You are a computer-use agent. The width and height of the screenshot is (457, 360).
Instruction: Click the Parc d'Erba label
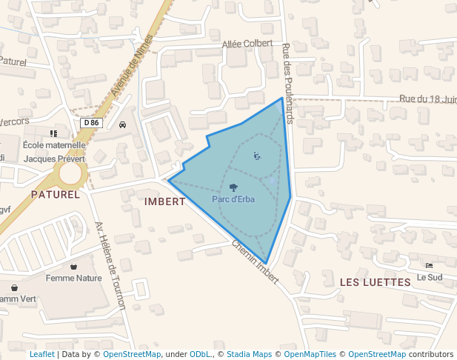pos(233,199)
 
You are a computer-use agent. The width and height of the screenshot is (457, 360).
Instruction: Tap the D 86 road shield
pos(91,122)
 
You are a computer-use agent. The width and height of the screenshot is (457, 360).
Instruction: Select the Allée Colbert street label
pos(247,44)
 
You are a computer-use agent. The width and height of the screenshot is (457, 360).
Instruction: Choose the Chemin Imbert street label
pos(255,262)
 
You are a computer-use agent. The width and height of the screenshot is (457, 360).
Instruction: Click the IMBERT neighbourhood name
pos(165,201)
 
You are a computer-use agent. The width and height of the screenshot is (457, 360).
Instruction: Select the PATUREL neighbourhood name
pos(55,194)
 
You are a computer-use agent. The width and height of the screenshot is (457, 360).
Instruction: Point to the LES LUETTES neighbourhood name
pos(375,282)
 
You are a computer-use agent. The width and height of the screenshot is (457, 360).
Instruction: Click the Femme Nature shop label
pos(73,279)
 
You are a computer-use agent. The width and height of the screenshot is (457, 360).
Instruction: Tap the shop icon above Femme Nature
pos(73,267)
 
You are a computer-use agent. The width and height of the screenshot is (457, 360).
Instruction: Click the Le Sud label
pos(429,277)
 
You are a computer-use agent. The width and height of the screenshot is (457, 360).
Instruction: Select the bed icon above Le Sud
pos(429,265)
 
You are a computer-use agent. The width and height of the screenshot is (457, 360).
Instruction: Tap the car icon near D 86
pos(122,124)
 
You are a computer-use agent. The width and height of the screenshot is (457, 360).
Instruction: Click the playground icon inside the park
pos(256,156)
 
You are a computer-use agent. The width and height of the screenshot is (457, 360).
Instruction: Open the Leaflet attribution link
pos(41,354)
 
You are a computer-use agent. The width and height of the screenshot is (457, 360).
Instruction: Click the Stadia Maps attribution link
pos(249,354)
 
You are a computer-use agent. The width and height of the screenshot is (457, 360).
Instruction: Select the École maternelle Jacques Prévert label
pos(54,151)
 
